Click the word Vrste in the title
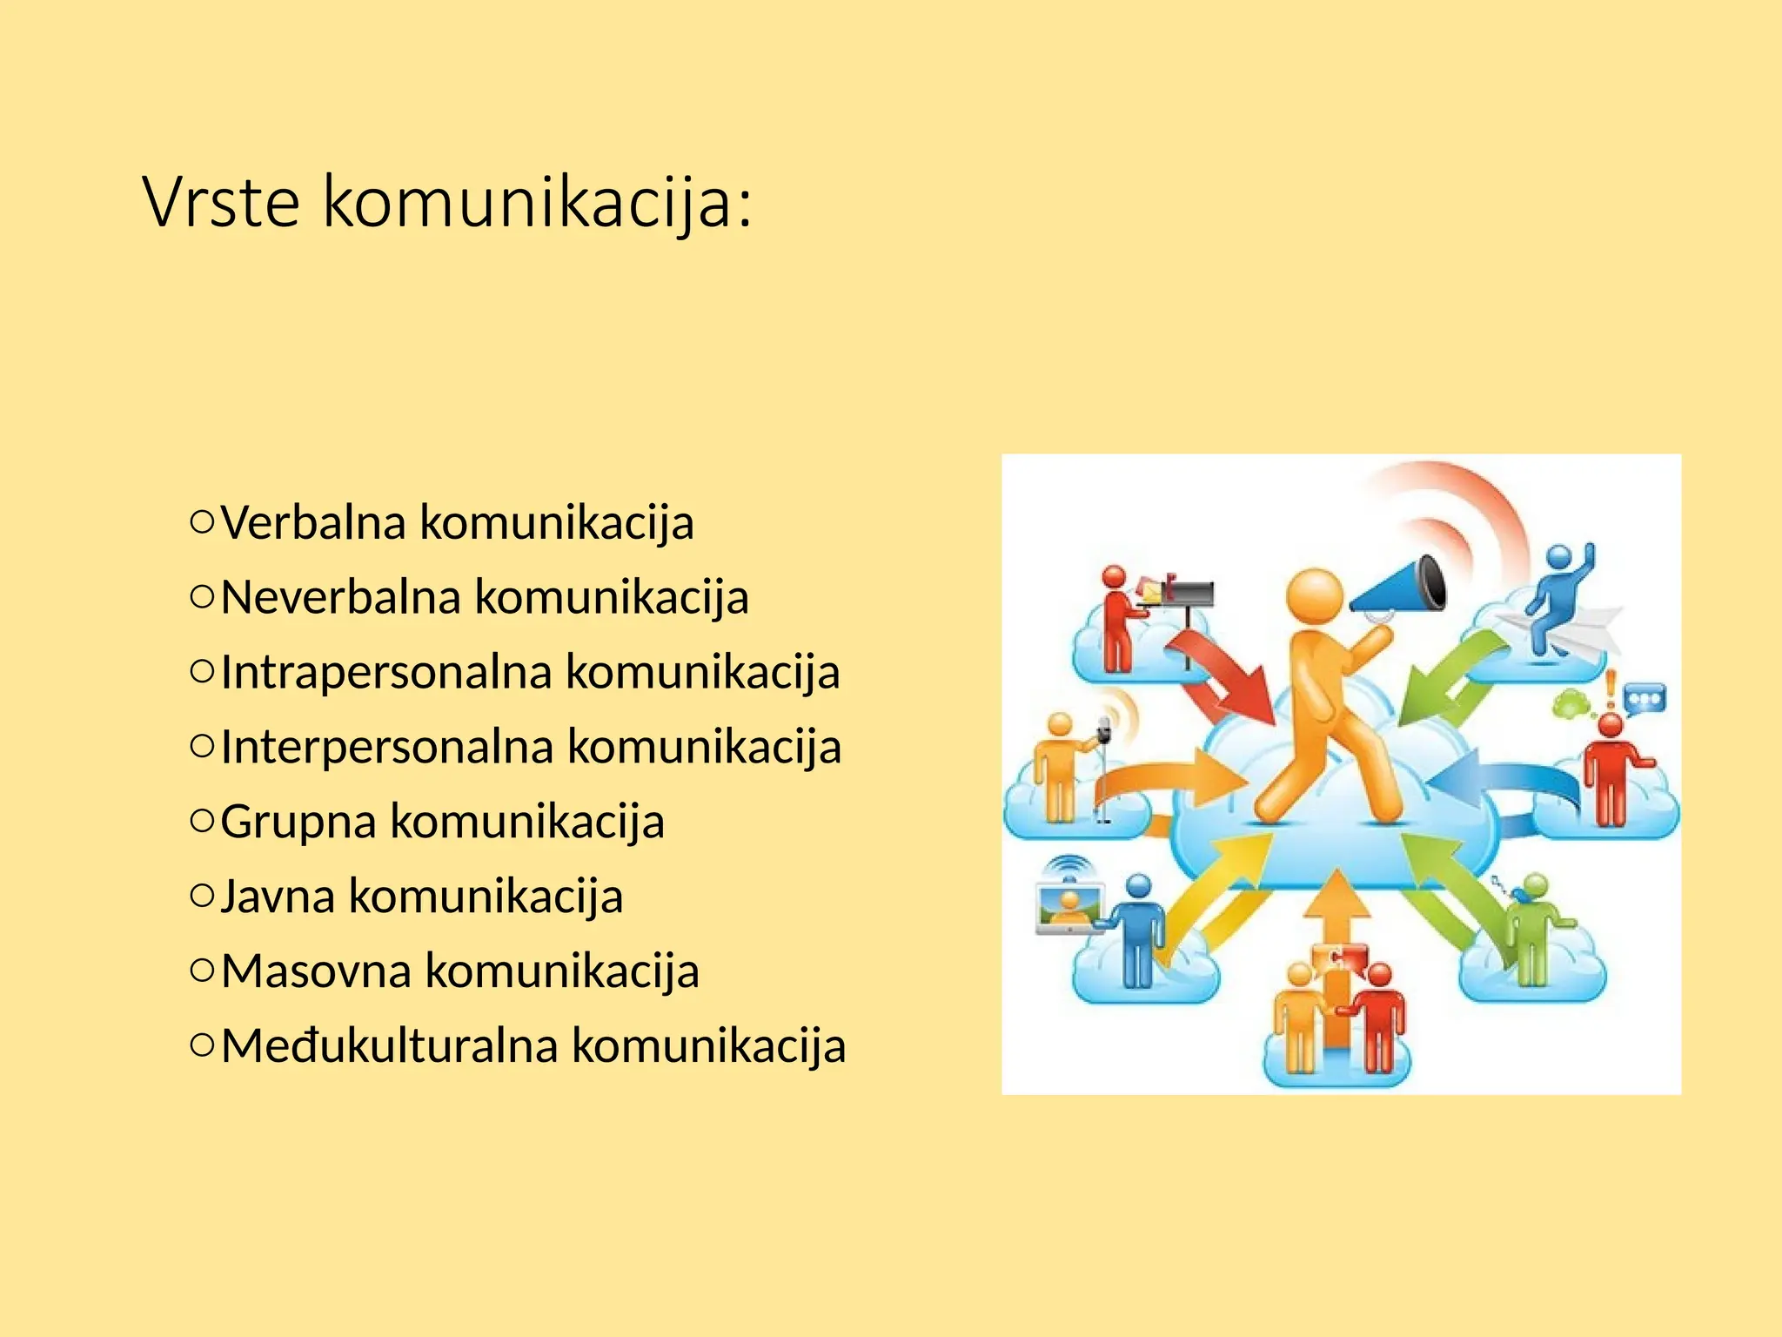pos(221,202)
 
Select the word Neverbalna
pos(340,598)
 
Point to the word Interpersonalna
pos(387,748)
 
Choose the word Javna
pos(277,897)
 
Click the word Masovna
pos(315,971)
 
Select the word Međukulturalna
pos(388,1046)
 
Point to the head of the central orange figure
pos(1315,595)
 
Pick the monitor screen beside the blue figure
pos(1069,906)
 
